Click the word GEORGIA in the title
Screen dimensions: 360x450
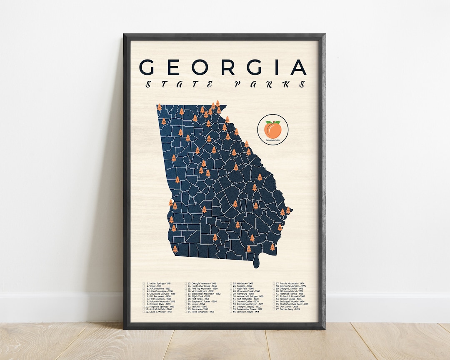click(223, 67)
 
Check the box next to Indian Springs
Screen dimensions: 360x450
click(144, 283)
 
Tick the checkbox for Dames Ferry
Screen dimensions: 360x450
click(274, 310)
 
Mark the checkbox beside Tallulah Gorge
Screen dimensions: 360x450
click(274, 299)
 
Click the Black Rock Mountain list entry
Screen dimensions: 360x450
click(206, 294)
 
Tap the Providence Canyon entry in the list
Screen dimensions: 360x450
click(250, 304)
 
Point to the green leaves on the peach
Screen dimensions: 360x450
click(275, 122)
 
